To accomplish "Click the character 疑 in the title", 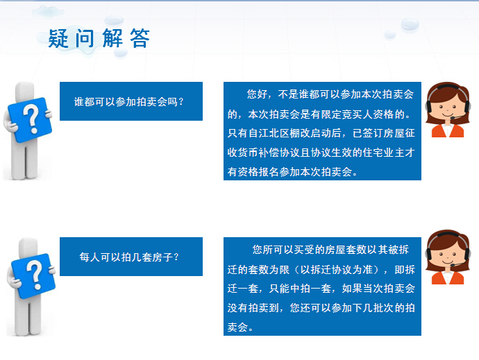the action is tap(58, 38).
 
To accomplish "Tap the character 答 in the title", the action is tap(140, 38).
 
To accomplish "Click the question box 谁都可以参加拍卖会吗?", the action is tap(131, 101).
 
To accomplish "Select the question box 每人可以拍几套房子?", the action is tap(131, 257).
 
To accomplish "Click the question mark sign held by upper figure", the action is tap(30, 120).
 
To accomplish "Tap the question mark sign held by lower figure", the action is tap(33, 276).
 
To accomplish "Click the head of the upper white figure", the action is tap(24, 91).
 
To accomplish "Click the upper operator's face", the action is tap(448, 106).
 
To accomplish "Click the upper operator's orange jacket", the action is tap(448, 130).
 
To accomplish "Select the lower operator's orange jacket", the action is tap(448, 278).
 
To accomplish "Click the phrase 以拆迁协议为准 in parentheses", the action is tap(337, 270).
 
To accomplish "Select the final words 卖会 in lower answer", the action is tap(237, 327).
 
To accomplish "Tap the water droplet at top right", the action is tap(410, 24).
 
